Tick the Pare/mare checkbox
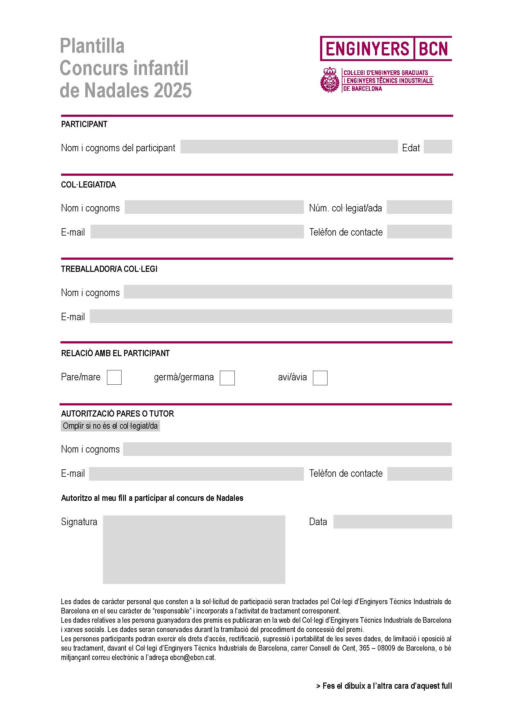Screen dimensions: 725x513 (114, 377)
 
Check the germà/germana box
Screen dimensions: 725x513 (227, 378)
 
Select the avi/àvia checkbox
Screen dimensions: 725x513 (320, 378)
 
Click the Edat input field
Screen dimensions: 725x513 (438, 147)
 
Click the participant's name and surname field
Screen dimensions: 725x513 (289, 147)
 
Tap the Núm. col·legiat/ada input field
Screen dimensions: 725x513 (419, 207)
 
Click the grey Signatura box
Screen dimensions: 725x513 (194, 550)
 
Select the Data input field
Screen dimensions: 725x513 (392, 522)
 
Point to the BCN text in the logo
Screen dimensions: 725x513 (433, 49)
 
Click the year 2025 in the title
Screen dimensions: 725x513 (173, 90)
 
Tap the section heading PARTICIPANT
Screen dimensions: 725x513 (84, 124)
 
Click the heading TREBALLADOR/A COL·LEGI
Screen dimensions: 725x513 (109, 269)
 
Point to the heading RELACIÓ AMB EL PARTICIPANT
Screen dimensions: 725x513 (115, 353)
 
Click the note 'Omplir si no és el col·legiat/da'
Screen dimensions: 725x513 (110, 426)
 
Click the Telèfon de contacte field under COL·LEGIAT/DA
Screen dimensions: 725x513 (419, 232)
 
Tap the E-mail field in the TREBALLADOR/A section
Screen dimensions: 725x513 (271, 316)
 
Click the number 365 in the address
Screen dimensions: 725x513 (364, 648)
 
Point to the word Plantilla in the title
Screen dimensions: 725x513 (92, 46)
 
